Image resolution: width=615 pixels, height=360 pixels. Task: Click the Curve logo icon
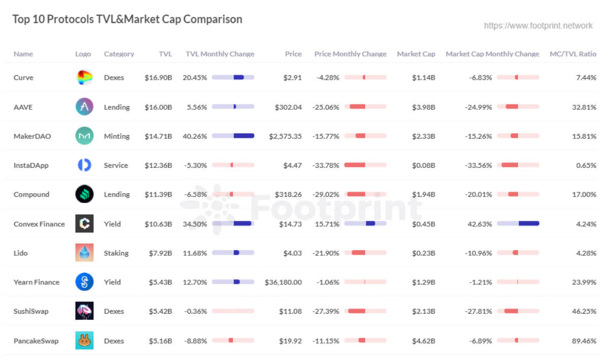coord(84,77)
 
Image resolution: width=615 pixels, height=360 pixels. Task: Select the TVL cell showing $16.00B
coord(158,107)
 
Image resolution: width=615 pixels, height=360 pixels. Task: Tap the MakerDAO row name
coord(32,136)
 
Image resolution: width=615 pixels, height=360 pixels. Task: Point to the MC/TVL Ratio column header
coord(573,54)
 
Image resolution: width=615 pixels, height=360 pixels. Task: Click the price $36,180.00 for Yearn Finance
coord(283,282)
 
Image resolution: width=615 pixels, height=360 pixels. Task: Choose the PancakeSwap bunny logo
coord(84,340)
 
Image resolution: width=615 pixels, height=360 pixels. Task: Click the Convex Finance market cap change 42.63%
coord(480,224)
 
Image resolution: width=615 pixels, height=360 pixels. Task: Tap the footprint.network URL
coord(538,25)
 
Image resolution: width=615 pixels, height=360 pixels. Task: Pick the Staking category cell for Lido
coord(116,253)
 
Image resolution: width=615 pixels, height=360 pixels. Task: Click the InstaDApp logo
coord(84,165)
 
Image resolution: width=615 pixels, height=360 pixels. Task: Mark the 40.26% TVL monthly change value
coord(195,136)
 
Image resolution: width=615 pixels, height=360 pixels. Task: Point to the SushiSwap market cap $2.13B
coord(423,311)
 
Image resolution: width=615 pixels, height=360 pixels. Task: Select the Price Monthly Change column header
coord(350,54)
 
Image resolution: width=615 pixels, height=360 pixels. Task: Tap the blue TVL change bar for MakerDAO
coord(243,136)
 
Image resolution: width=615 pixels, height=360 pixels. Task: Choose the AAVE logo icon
coord(84,107)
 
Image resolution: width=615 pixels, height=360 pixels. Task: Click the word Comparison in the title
coord(212,19)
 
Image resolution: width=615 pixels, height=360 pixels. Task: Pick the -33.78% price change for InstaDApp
coord(327,165)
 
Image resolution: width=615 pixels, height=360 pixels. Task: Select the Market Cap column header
coord(416,54)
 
